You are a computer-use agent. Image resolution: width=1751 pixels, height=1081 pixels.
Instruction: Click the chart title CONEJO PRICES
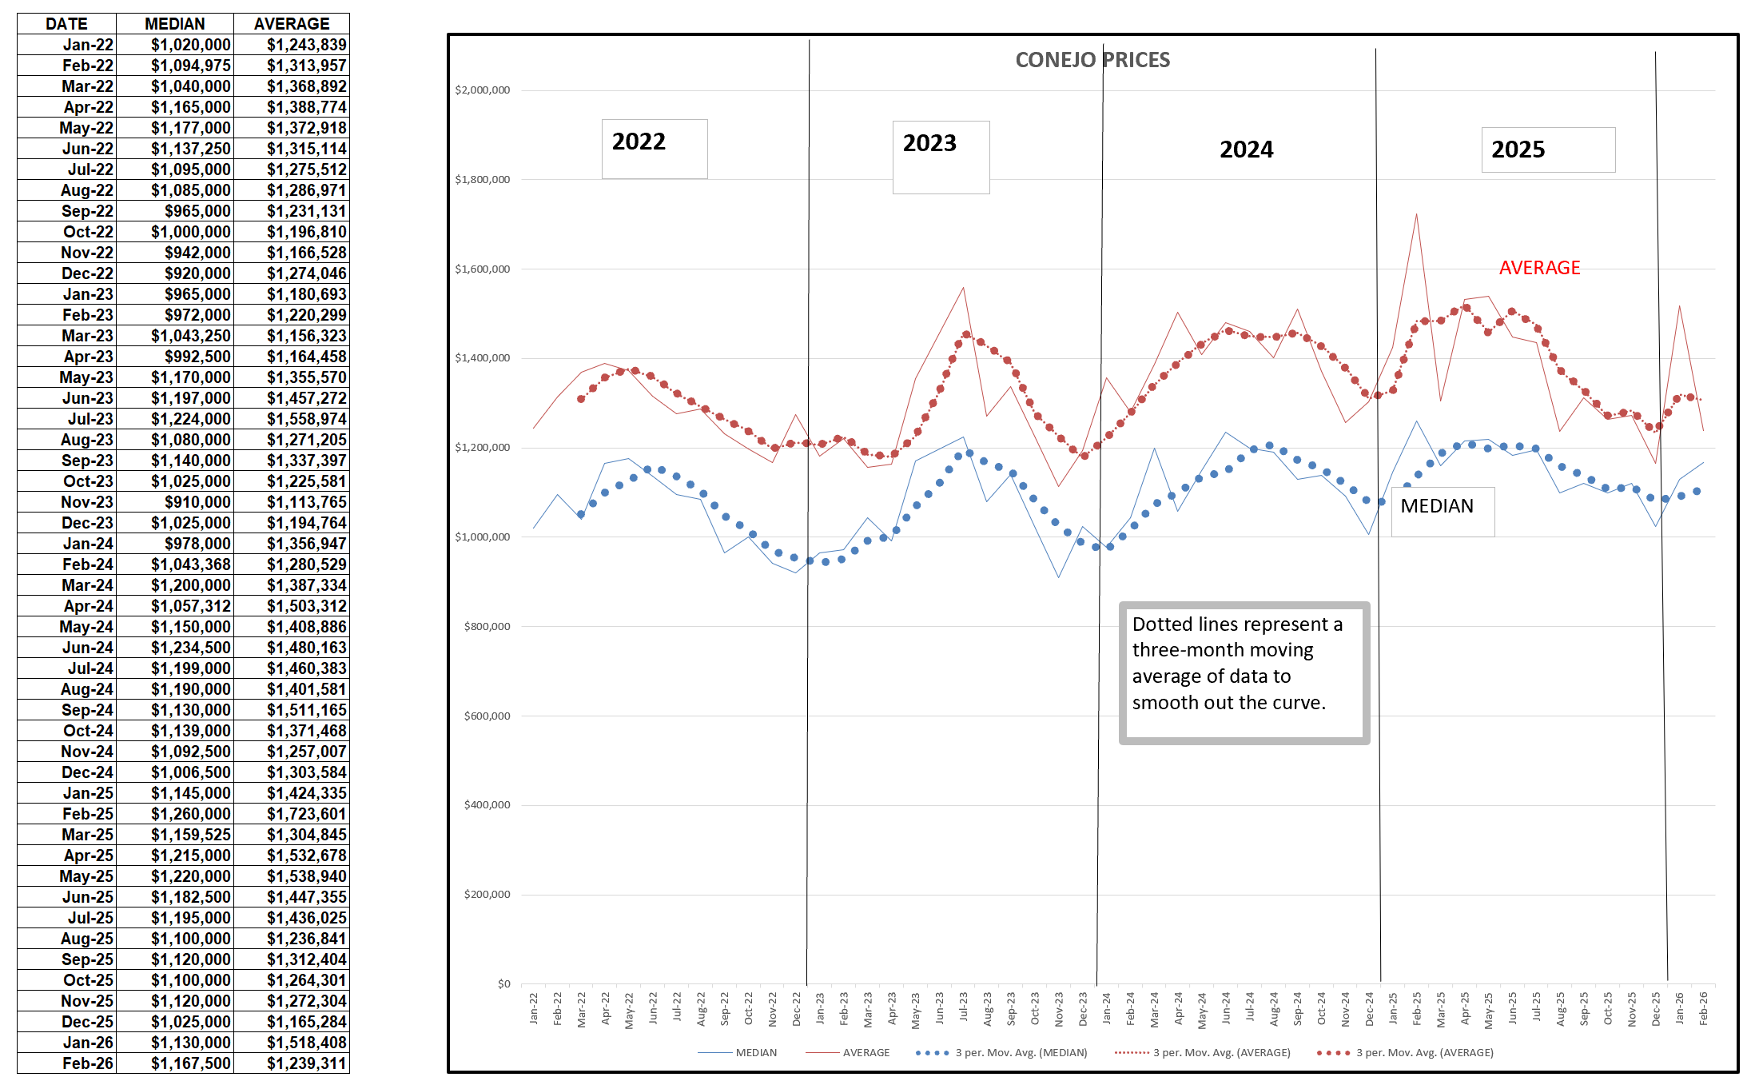pos(1092,60)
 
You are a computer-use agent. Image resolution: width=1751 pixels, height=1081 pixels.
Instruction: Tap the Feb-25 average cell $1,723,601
pos(306,814)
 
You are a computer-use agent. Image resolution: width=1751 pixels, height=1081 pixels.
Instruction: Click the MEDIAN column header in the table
pos(174,24)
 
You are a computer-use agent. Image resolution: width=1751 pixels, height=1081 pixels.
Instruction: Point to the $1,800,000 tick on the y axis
pos(482,179)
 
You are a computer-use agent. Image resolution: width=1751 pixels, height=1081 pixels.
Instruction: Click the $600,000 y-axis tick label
pos(487,716)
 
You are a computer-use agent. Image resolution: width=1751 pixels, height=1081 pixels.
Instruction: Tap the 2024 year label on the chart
pos(1246,150)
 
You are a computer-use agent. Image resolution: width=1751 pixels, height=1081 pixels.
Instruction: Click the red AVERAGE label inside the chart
pos(1539,268)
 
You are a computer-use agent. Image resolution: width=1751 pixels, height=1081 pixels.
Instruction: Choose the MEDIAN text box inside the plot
pos(1437,506)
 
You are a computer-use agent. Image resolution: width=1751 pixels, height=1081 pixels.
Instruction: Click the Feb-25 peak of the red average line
pos(1416,214)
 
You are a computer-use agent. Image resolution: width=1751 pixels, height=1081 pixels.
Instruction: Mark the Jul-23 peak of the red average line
pos(964,288)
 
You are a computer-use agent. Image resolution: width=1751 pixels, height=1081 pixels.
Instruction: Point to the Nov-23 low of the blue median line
pos(1059,576)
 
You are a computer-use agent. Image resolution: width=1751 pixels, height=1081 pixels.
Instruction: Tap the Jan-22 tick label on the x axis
pos(534,1008)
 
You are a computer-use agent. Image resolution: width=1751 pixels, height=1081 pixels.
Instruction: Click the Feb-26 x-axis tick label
pos(1703,1008)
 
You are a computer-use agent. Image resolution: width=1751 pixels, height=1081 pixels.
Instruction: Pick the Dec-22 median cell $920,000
pos(197,273)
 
